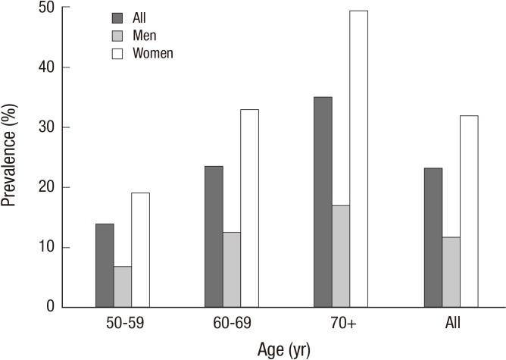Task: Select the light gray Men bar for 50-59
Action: [123, 286]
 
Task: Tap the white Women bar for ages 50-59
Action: [140, 250]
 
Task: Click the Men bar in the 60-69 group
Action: [232, 269]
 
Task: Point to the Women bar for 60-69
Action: [249, 208]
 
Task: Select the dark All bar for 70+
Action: [323, 202]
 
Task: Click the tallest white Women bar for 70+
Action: [358, 159]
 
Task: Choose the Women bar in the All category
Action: [468, 211]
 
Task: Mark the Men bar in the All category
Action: [451, 272]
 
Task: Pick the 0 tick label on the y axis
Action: [49, 307]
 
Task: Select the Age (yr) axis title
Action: [282, 349]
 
